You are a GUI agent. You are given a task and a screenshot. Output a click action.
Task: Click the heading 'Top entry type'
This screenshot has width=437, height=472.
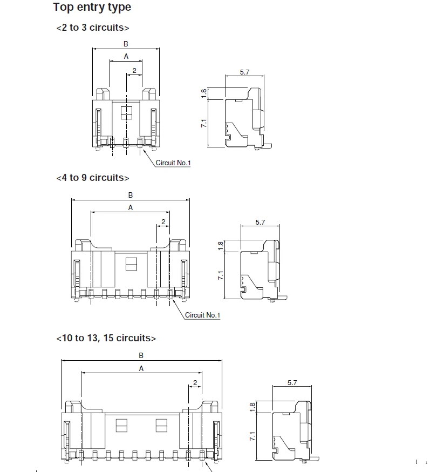pyautogui.click(x=92, y=8)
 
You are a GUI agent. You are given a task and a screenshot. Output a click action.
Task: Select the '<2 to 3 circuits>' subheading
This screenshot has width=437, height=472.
pyautogui.click(x=92, y=28)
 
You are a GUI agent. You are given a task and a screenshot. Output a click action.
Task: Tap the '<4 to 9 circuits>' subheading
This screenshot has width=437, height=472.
pyautogui.click(x=92, y=178)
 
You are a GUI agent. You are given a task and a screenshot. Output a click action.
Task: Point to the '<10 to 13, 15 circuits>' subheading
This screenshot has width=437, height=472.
pyautogui.click(x=106, y=338)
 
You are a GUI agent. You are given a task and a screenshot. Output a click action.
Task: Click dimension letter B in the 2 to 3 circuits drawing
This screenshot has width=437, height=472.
pyautogui.click(x=126, y=44)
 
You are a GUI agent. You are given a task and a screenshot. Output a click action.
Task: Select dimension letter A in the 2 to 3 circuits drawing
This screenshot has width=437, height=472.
pyautogui.click(x=126, y=56)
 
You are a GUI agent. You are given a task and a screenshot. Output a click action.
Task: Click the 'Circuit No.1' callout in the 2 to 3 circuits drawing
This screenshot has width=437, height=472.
pyautogui.click(x=173, y=163)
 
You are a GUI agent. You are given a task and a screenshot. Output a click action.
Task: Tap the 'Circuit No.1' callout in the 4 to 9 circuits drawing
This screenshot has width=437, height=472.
pyautogui.click(x=202, y=315)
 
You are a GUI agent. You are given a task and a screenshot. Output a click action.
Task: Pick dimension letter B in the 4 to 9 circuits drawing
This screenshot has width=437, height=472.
pyautogui.click(x=131, y=195)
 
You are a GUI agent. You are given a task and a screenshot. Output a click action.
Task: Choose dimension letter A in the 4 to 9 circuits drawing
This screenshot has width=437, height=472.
pyautogui.click(x=131, y=207)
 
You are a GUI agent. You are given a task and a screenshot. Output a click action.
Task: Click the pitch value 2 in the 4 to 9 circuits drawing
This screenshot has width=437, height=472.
pyautogui.click(x=163, y=222)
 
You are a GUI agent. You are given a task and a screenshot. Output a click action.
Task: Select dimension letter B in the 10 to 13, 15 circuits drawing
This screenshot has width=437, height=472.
pyautogui.click(x=141, y=355)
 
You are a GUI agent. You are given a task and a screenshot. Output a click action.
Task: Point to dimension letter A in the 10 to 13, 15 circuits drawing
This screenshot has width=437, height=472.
pyautogui.click(x=141, y=368)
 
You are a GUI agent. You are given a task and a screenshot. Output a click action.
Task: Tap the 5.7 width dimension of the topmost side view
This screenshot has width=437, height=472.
pyautogui.click(x=244, y=72)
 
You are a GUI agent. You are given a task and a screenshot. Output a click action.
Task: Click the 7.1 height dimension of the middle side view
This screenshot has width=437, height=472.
pyautogui.click(x=221, y=275)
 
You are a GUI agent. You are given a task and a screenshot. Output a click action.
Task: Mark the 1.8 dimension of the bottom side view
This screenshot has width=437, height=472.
pyautogui.click(x=252, y=407)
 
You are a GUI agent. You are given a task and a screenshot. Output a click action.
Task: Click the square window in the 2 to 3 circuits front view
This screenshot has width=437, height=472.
pyautogui.click(x=126, y=112)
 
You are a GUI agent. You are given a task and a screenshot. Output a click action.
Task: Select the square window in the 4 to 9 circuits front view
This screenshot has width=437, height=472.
pyautogui.click(x=131, y=264)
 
